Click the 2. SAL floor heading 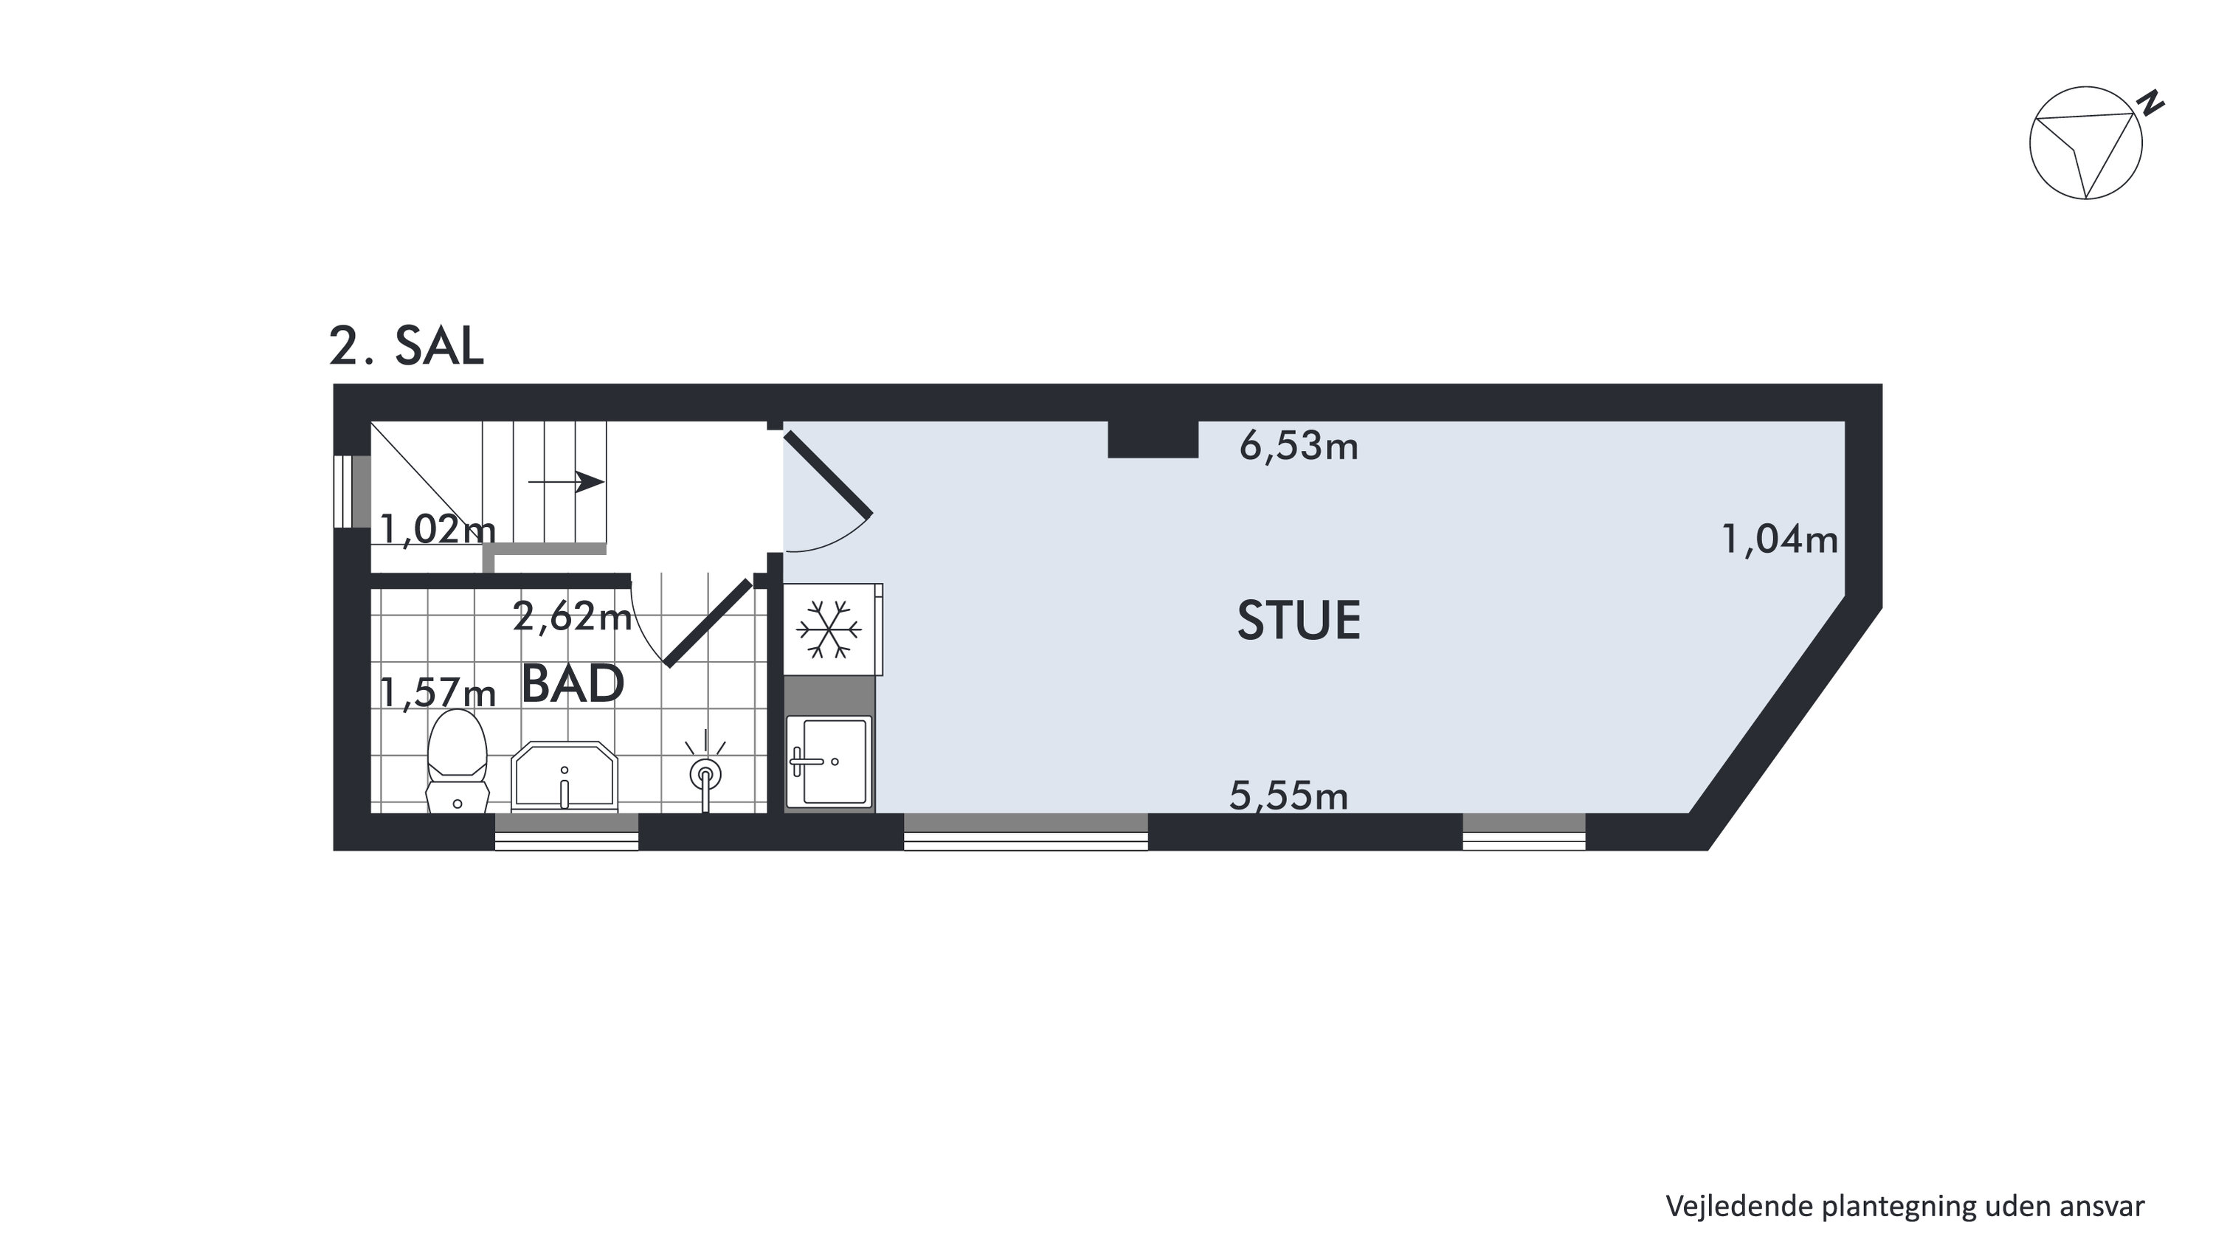pyautogui.click(x=407, y=347)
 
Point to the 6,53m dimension pyautogui.click(x=1299, y=446)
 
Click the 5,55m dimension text pyautogui.click(x=1288, y=796)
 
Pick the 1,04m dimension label pyautogui.click(x=1780, y=540)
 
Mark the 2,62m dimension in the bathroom pyautogui.click(x=572, y=616)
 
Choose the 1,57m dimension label pyautogui.click(x=438, y=693)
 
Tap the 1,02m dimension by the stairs pyautogui.click(x=438, y=529)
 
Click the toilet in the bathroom pyautogui.click(x=458, y=761)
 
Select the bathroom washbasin pyautogui.click(x=565, y=776)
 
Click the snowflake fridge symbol pyautogui.click(x=829, y=629)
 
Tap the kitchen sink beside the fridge pyautogui.click(x=830, y=762)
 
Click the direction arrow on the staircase pyautogui.click(x=566, y=482)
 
